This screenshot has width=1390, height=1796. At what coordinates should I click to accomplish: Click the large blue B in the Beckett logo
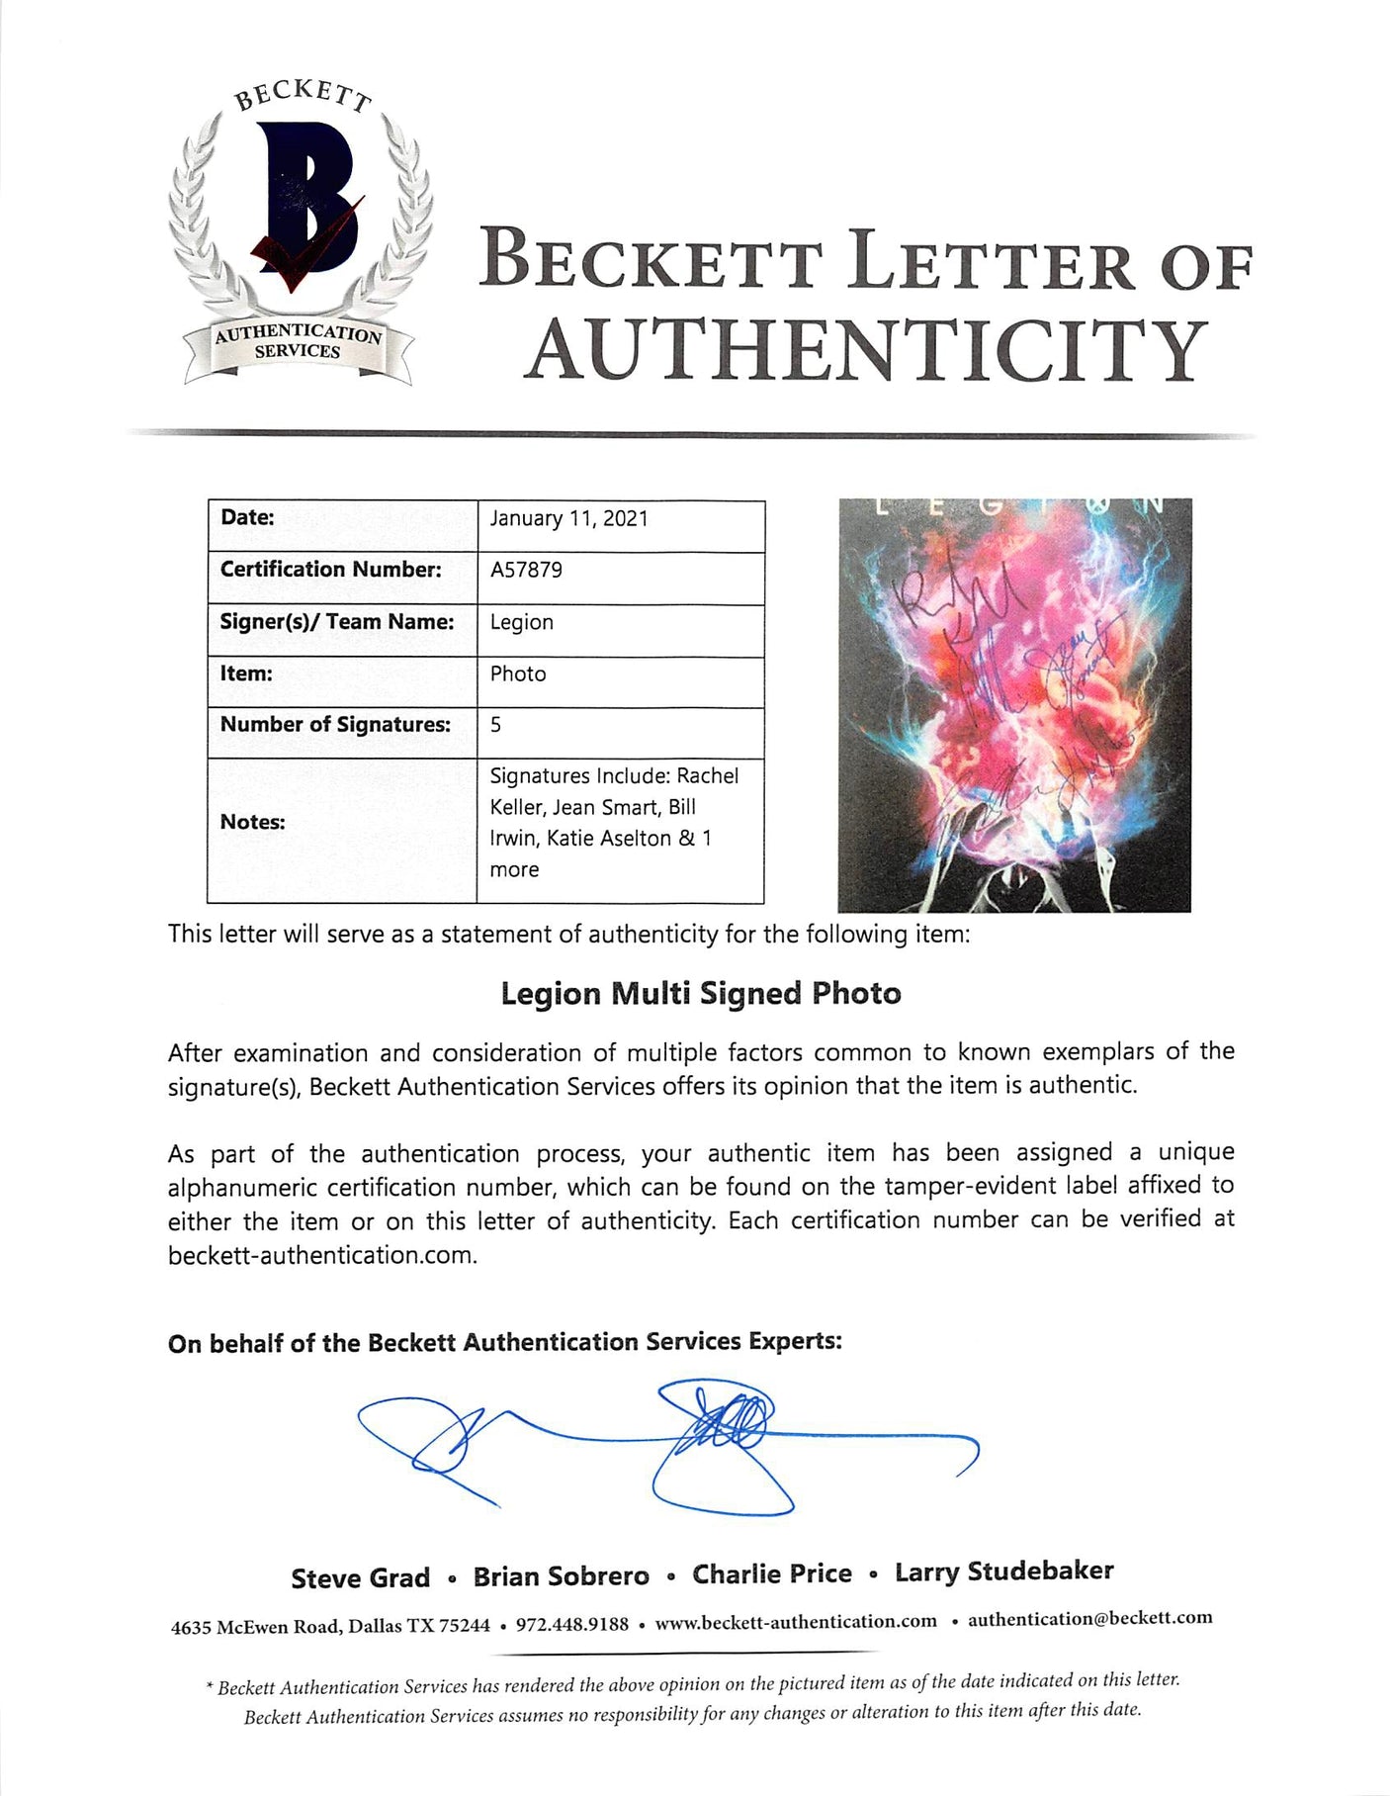[x=302, y=203]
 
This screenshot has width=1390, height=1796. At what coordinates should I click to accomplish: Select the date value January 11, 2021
[x=569, y=519]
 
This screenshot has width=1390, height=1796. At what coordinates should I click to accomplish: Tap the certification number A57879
[x=526, y=571]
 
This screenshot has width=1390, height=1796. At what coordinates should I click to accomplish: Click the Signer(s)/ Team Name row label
[x=336, y=622]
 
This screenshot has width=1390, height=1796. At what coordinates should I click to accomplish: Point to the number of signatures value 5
[x=495, y=725]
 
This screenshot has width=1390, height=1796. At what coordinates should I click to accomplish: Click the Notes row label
[x=252, y=822]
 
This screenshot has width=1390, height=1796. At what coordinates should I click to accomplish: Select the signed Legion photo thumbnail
[x=1014, y=704]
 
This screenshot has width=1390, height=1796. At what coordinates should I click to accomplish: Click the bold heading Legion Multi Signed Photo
[x=701, y=993]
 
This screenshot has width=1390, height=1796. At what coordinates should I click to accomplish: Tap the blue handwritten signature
[x=668, y=1446]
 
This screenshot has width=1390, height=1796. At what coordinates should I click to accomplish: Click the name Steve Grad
[x=360, y=1578]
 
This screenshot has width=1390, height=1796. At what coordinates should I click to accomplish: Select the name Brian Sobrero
[x=561, y=1576]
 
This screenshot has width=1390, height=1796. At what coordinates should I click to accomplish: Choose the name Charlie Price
[x=771, y=1573]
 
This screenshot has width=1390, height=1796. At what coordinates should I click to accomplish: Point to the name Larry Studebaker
[x=1003, y=1571]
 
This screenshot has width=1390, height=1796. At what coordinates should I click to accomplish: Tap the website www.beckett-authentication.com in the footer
[x=796, y=1621]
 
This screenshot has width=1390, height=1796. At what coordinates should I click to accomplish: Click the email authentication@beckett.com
[x=1089, y=1619]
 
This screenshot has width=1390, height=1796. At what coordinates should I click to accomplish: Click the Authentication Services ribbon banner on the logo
[x=298, y=342]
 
